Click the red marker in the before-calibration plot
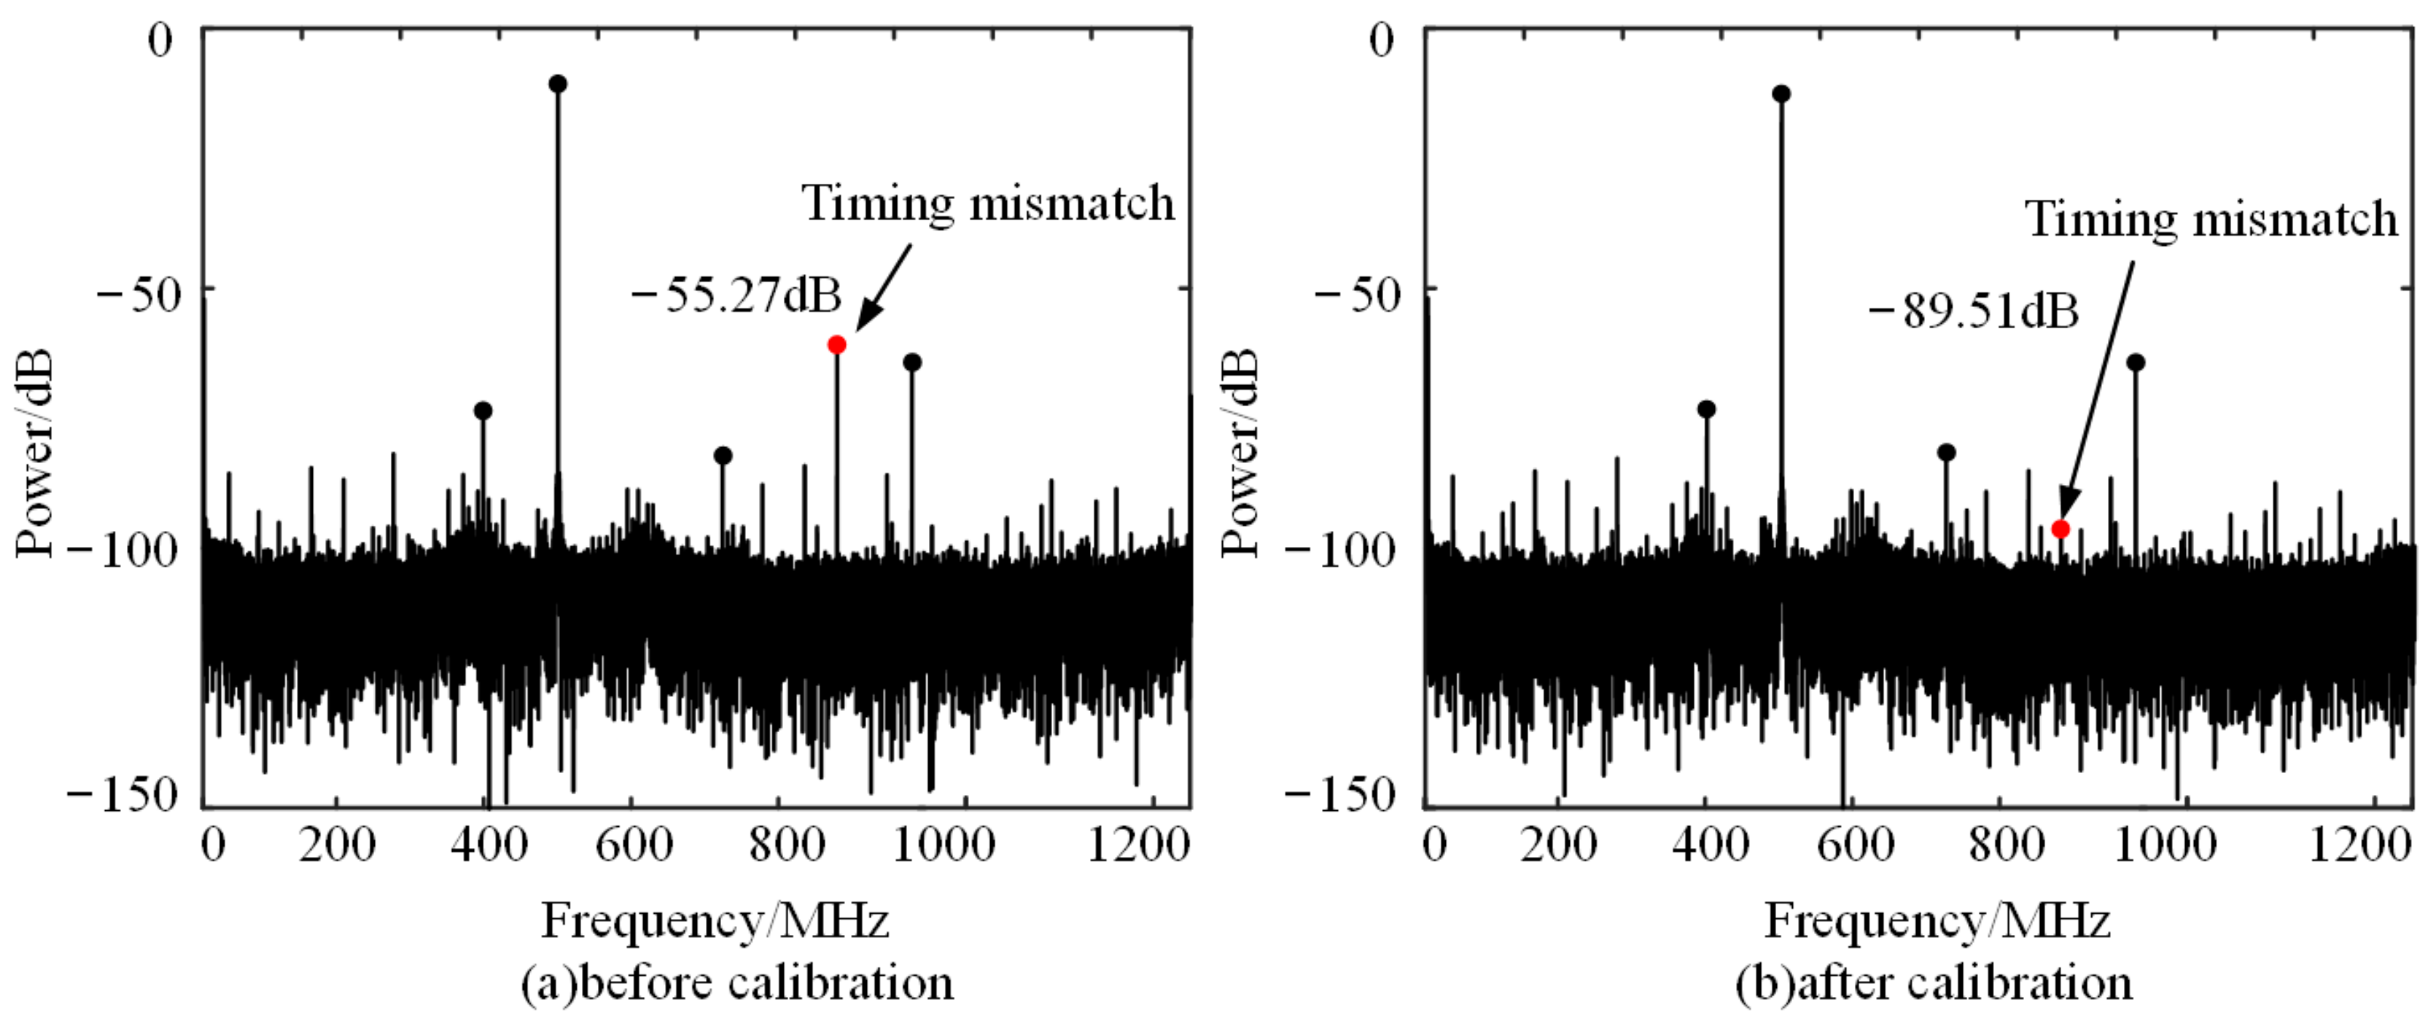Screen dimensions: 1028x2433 [x=836, y=345]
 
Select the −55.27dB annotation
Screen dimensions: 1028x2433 [x=735, y=296]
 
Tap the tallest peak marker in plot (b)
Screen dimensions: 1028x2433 [x=1781, y=94]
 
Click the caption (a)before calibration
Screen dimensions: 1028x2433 [x=737, y=983]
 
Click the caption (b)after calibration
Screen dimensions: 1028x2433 [x=1933, y=983]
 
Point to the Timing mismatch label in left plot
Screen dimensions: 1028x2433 [x=988, y=203]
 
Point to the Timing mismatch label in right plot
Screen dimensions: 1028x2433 [x=2211, y=219]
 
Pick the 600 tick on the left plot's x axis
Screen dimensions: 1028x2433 [x=633, y=843]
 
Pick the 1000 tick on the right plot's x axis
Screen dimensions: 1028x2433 [x=2163, y=843]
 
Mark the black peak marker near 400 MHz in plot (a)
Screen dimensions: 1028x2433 [x=483, y=410]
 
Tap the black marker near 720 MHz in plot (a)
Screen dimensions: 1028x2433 [x=723, y=455]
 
